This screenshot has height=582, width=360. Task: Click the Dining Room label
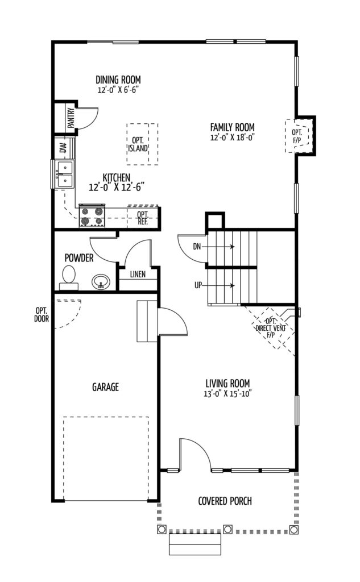118,80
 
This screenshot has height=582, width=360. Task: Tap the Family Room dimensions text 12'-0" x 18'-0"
231,137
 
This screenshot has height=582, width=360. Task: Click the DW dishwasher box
63,148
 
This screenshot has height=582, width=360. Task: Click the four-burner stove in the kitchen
92,216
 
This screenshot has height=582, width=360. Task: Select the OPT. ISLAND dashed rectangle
142,144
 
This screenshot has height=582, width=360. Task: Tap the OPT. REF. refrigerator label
142,218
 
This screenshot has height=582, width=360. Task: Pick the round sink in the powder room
101,281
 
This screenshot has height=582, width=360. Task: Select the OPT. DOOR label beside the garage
41,314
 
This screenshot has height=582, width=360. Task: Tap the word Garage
105,387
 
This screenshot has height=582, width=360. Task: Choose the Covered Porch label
225,501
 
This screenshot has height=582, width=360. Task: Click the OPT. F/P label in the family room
297,136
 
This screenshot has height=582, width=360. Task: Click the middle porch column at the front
227,529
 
